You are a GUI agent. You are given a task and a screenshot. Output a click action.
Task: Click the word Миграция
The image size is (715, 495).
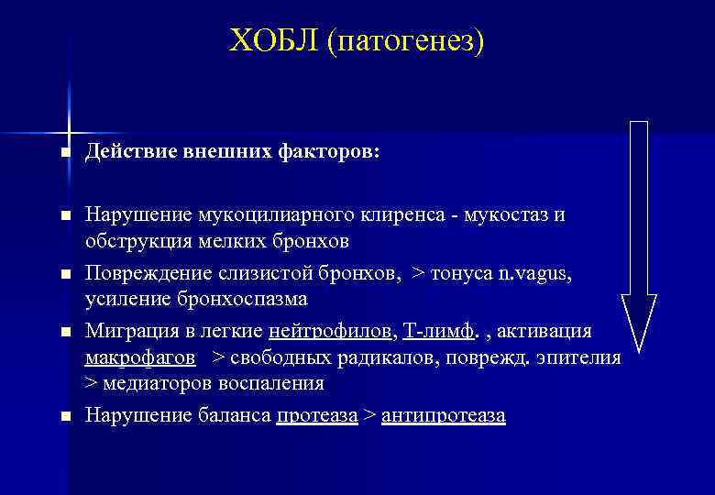[125, 330]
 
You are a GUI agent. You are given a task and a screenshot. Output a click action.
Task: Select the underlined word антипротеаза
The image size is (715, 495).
[443, 415]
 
